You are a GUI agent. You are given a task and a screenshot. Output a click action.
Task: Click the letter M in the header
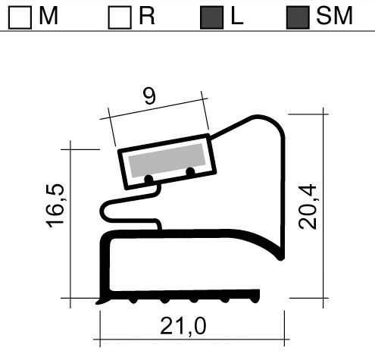[48, 17]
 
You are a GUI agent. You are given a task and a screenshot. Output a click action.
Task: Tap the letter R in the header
[147, 17]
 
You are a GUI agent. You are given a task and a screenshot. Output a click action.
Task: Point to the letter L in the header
[237, 17]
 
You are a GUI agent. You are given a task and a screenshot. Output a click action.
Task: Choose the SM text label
[335, 17]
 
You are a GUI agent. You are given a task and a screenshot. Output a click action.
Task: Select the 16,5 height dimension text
[55, 207]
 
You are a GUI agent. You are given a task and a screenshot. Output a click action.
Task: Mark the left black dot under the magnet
[148, 180]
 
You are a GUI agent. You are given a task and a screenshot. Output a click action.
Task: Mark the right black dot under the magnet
[190, 172]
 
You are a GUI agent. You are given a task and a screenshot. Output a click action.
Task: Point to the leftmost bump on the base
[133, 300]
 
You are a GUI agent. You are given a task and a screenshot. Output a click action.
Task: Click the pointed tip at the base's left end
[98, 302]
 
